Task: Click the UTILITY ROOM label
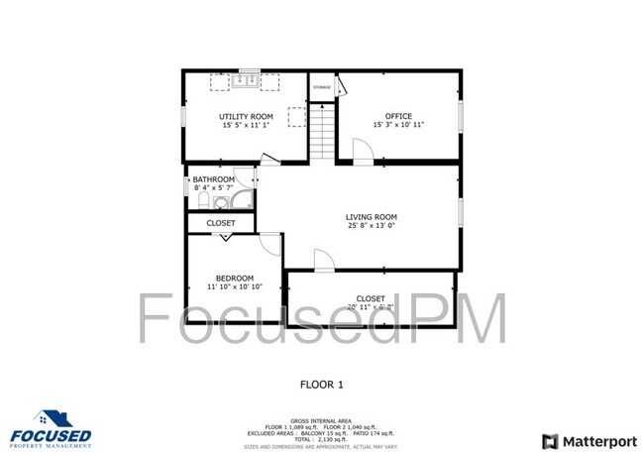coord(246,117)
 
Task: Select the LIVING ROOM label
coord(372,217)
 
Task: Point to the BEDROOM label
coord(235,278)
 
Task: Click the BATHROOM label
coord(214,179)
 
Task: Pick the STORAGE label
coord(322,87)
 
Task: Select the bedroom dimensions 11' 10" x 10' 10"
coord(235,287)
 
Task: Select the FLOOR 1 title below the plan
coord(321,384)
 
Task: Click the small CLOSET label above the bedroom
coord(221,224)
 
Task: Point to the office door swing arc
coord(362,149)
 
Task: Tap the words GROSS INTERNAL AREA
coord(321,420)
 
